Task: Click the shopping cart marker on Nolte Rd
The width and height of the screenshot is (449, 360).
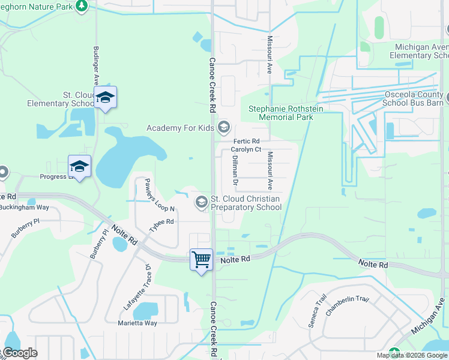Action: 201,260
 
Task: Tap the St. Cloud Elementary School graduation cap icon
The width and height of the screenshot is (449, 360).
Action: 105,98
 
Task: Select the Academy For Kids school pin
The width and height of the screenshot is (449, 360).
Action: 224,127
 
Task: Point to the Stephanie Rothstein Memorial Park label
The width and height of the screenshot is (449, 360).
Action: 281,113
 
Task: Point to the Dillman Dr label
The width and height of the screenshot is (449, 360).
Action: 235,169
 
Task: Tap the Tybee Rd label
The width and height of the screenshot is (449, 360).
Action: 161,222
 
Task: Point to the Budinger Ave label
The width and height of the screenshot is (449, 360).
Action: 95,66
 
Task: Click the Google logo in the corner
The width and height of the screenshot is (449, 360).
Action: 20,353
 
